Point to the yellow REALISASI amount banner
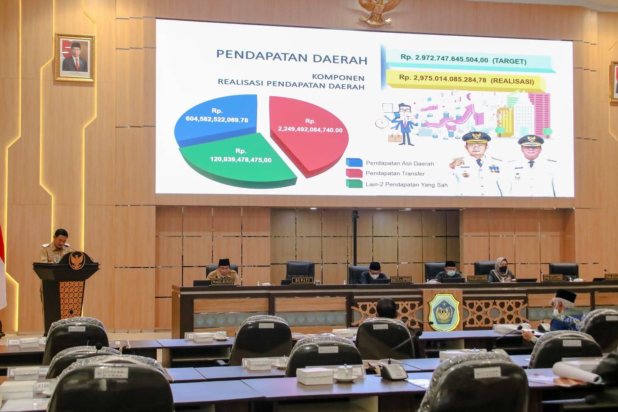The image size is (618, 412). tap(466, 80)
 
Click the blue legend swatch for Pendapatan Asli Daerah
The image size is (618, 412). tap(354, 162)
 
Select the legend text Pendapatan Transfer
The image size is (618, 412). tap(395, 174)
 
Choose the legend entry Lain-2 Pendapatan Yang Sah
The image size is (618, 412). tap(406, 185)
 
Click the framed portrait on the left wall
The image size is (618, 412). tap(75, 57)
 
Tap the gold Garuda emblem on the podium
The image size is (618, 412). tap(76, 260)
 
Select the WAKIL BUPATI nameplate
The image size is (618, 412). tap(223, 282)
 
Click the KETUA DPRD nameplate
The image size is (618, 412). tap(400, 279)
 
